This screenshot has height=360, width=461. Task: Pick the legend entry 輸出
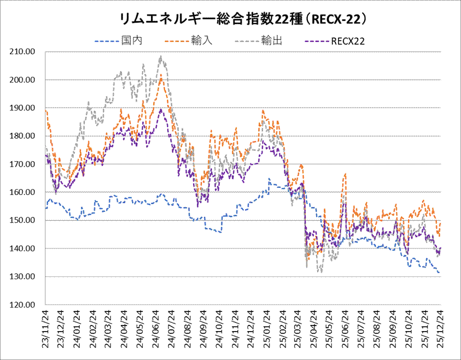(x=272, y=40)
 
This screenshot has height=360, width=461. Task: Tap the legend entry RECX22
(x=348, y=40)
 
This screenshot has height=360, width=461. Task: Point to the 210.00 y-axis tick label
(x=24, y=51)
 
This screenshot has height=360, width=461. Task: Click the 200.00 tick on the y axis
(x=24, y=80)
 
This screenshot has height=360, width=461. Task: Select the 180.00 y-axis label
(x=24, y=136)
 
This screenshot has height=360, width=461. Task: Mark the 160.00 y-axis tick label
(x=24, y=192)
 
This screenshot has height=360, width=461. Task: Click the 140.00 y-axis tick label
(x=24, y=249)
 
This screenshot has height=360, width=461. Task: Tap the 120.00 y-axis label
(x=24, y=305)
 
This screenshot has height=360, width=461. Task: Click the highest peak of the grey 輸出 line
(x=160, y=56)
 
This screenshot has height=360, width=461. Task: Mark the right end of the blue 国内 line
(x=440, y=272)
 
